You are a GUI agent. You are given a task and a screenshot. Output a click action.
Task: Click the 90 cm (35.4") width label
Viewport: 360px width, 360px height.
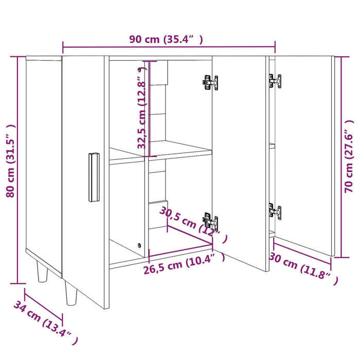click(x=166, y=40)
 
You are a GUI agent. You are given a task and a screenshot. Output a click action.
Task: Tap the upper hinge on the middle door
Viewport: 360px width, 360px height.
click(x=210, y=83)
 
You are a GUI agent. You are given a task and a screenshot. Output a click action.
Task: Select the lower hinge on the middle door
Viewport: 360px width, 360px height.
click(x=210, y=222)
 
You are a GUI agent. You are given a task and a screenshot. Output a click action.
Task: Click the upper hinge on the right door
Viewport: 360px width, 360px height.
click(x=275, y=81)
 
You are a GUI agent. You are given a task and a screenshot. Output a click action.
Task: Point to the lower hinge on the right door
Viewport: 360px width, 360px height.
click(x=275, y=211)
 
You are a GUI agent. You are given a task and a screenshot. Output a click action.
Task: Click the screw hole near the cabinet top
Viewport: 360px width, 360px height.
click(x=139, y=69)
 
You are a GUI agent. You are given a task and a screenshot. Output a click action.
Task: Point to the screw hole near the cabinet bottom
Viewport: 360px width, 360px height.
click(x=139, y=246)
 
